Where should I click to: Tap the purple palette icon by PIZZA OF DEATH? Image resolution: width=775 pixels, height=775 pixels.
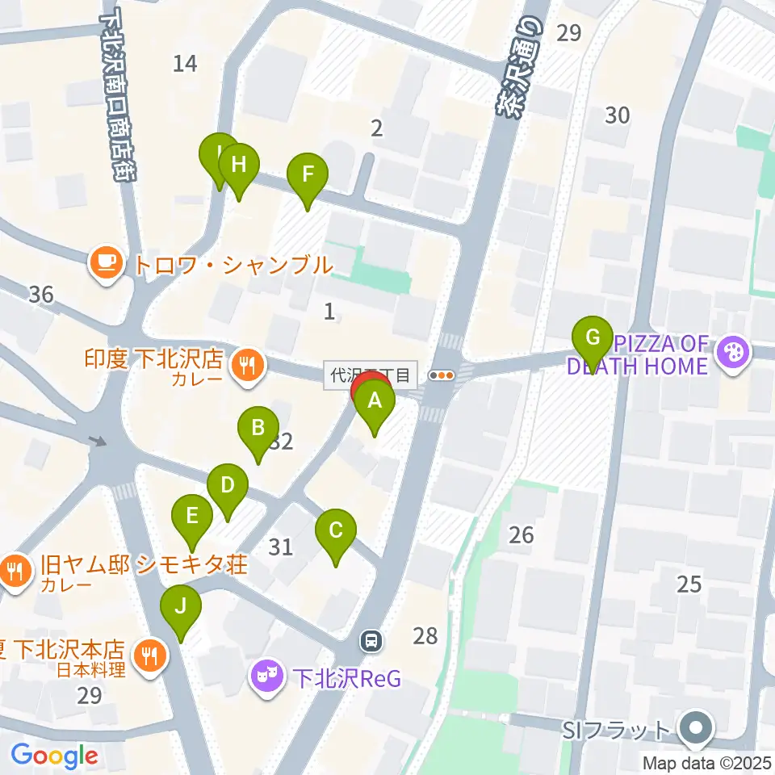point(734,353)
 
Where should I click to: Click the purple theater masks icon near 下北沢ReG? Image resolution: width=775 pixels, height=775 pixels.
point(266,672)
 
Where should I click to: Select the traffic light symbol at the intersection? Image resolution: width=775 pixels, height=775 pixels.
point(442,375)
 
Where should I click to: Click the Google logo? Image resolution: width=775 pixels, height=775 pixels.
point(55,756)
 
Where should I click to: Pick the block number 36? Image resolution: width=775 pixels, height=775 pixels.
point(40,295)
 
